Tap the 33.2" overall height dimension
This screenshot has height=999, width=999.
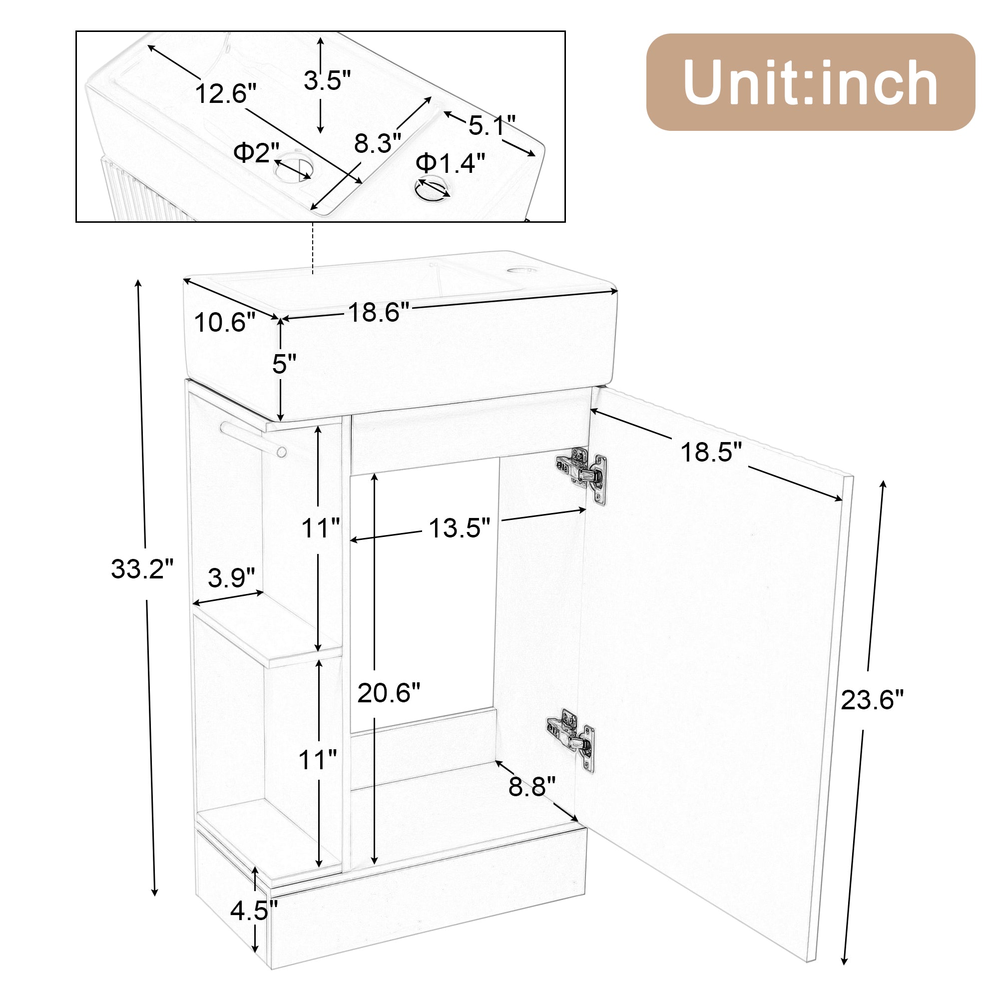tap(142, 569)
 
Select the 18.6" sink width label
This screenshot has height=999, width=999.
tap(379, 312)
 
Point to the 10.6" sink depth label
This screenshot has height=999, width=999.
tap(225, 323)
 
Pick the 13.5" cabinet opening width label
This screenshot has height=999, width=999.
tap(459, 528)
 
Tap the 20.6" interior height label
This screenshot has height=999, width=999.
tap(389, 693)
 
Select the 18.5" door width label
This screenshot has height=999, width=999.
tap(711, 453)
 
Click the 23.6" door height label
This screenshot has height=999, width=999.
tap(872, 700)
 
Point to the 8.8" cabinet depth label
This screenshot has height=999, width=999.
tap(531, 787)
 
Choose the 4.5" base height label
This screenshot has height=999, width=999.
tap(254, 911)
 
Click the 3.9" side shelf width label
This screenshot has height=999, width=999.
tap(231, 577)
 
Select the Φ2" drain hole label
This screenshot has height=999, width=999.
tap(256, 152)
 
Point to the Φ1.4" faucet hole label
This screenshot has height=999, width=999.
tap(451, 163)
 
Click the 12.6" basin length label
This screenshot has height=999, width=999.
tap(225, 94)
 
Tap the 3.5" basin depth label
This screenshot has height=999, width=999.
tap(327, 80)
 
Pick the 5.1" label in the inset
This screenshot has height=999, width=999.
tap(492, 126)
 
